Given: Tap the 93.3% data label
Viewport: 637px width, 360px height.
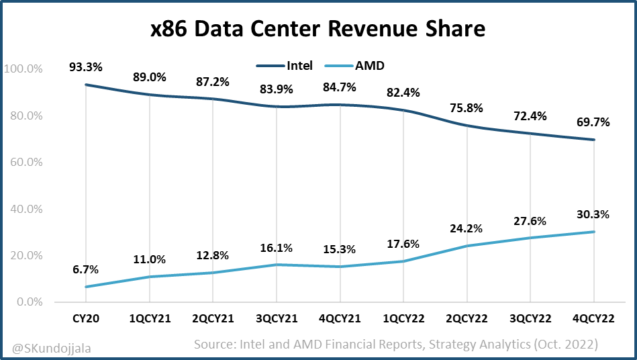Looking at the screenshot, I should [x=85, y=67].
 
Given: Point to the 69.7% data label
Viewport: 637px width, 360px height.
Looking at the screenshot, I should [x=593, y=122].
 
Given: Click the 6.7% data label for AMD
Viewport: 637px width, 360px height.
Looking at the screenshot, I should [x=85, y=269].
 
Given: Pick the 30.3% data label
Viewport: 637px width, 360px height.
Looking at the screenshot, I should [x=593, y=214].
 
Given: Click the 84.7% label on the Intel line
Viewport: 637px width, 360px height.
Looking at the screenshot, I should [x=340, y=87].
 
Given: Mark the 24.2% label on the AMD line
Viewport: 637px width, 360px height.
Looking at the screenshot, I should [x=467, y=228].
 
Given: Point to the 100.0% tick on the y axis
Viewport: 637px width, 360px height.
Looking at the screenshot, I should [x=23, y=69].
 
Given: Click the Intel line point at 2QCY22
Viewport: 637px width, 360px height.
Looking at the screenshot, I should [x=467, y=126].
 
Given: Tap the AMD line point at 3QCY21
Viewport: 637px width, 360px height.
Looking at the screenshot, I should [x=276, y=265].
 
